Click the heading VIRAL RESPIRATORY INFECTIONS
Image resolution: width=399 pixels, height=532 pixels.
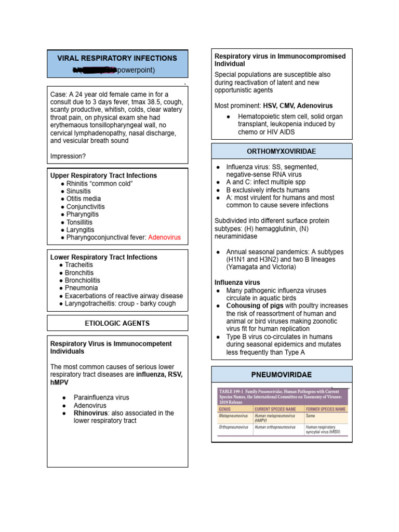click(x=117, y=58)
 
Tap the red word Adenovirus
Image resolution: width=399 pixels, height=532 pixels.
click(x=164, y=237)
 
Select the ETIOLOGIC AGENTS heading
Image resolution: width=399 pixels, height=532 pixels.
click(x=117, y=323)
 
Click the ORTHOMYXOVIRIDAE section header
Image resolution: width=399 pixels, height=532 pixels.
click(x=281, y=151)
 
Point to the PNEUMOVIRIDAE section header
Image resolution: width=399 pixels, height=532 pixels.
click(x=281, y=375)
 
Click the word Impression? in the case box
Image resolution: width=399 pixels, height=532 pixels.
click(x=69, y=156)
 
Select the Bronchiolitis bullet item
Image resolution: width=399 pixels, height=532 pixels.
click(x=85, y=280)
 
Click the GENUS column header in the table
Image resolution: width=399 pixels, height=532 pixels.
click(x=227, y=409)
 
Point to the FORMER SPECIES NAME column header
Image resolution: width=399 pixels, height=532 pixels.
click(x=325, y=409)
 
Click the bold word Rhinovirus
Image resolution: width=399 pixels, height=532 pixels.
click(x=91, y=413)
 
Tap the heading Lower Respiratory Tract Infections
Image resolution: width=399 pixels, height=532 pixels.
click(x=103, y=257)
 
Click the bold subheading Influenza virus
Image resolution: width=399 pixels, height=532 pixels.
click(x=237, y=283)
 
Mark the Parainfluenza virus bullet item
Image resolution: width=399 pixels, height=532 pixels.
click(x=101, y=397)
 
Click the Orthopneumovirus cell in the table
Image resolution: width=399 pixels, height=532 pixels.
click(x=233, y=427)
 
